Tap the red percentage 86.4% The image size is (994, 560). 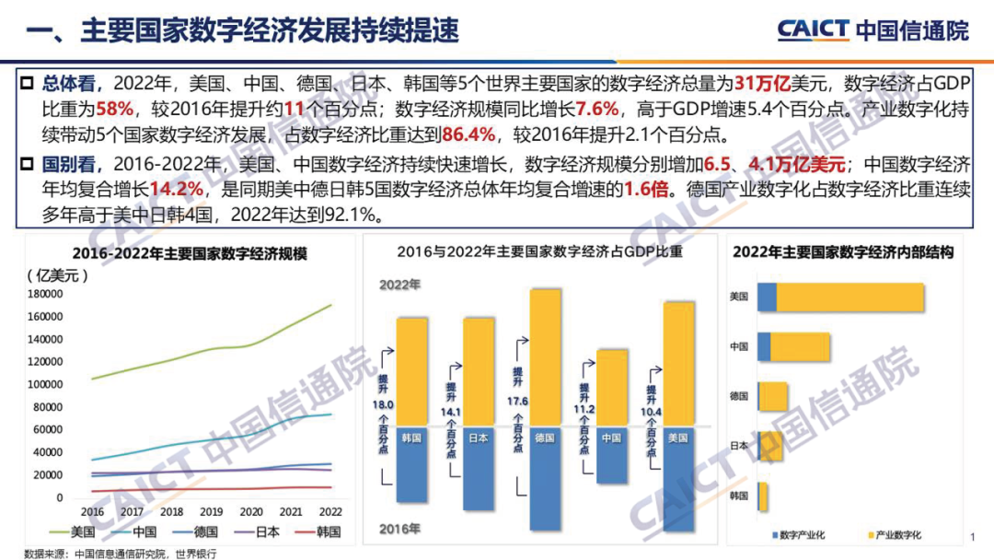(x=469, y=135)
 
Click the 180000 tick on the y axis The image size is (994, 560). (x=45, y=295)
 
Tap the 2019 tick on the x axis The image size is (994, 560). (x=212, y=512)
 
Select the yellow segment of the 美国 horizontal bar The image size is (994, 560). (x=850, y=297)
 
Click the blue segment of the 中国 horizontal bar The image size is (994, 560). (x=764, y=346)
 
